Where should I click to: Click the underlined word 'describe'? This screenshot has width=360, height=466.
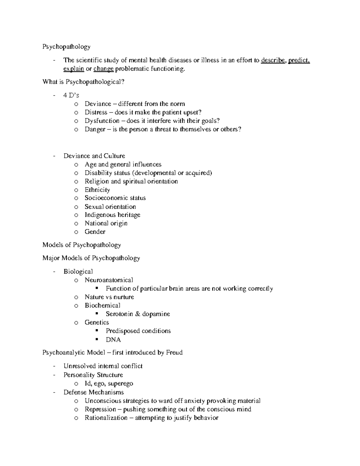[273, 60]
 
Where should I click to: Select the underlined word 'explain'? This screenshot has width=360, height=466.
[73, 69]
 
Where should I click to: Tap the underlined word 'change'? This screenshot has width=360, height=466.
[103, 69]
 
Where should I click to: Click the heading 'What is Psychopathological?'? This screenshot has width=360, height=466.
[83, 82]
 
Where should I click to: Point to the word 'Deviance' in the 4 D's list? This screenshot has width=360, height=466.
[98, 104]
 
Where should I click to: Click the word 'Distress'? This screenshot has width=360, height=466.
[96, 112]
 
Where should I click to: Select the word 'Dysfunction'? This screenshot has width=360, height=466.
[102, 121]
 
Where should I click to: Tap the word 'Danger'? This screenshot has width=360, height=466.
[95, 129]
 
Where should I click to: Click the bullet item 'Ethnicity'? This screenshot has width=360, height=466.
[97, 190]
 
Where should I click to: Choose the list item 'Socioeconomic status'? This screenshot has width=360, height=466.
[115, 198]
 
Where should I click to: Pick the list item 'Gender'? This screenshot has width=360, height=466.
[95, 232]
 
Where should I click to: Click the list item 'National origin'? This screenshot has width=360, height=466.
[106, 223]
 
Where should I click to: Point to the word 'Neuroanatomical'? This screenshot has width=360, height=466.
[109, 280]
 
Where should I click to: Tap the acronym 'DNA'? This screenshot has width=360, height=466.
[113, 340]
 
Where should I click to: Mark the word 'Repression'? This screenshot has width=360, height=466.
[100, 409]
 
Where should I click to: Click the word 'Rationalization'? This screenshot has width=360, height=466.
[106, 418]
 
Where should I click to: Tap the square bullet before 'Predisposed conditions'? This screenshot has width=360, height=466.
[97, 331]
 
